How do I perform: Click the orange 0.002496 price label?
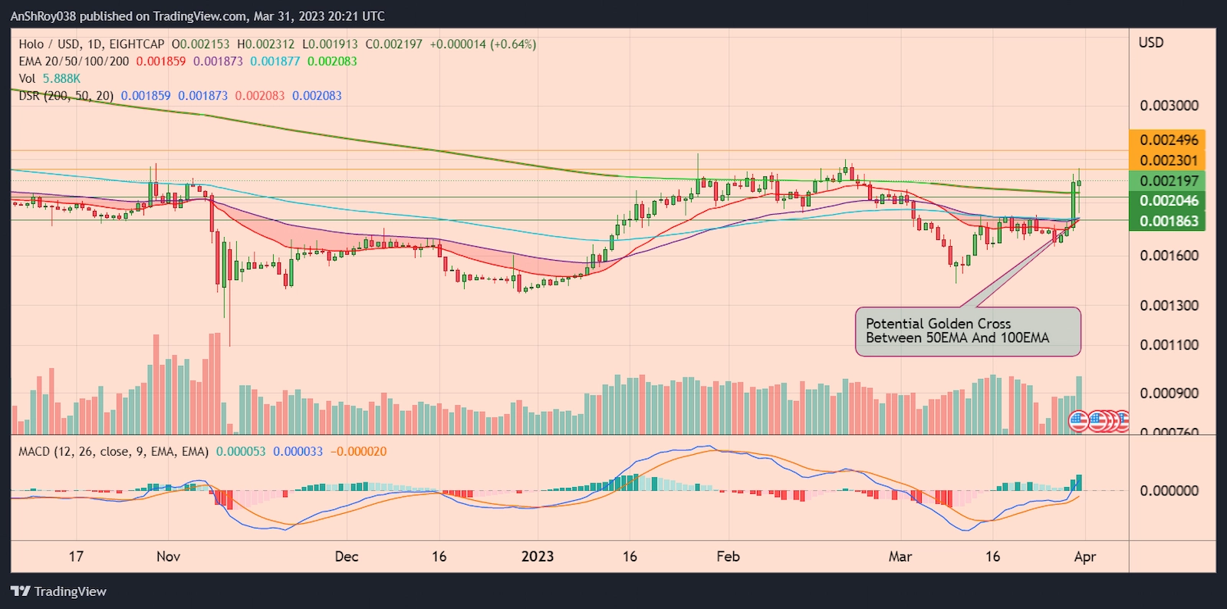[1168, 140]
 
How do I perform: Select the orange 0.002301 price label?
[1168, 160]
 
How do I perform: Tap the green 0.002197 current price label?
[1168, 181]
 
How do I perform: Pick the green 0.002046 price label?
[1168, 201]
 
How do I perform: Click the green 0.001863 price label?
[1168, 221]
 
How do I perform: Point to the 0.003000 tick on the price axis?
[1169, 106]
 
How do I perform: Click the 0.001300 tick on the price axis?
[1169, 305]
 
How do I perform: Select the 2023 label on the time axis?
[537, 557]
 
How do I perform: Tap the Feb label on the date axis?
[728, 557]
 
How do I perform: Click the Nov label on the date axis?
[168, 557]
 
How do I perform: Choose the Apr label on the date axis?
[1084, 557]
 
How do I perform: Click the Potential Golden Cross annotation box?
[968, 331]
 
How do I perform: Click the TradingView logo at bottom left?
[59, 591]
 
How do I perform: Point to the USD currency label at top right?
[1150, 43]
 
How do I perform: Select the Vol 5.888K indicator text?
[50, 78]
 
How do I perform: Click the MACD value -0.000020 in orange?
[358, 452]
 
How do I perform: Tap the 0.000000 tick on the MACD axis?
[1169, 491]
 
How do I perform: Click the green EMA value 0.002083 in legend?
[332, 61]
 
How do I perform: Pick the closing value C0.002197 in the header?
[393, 44]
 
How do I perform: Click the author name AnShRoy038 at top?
[43, 16]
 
